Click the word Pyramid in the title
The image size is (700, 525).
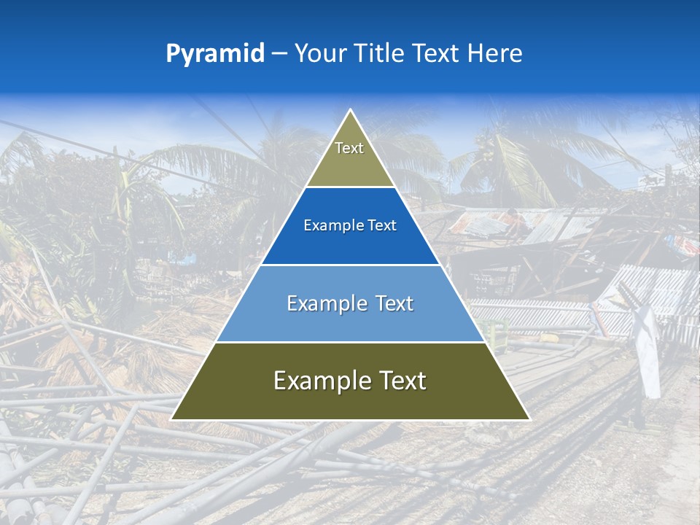[x=215, y=53]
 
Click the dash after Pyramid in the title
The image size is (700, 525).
[x=279, y=53]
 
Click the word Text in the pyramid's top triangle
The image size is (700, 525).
[x=349, y=148]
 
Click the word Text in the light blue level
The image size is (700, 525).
[x=392, y=303]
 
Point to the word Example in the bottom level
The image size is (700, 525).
[x=316, y=381]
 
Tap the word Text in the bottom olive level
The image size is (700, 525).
[x=399, y=381]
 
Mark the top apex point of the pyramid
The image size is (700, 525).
[x=351, y=110]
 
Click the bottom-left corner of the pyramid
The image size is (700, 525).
[x=171, y=419]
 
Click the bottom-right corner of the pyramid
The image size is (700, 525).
[x=529, y=419]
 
